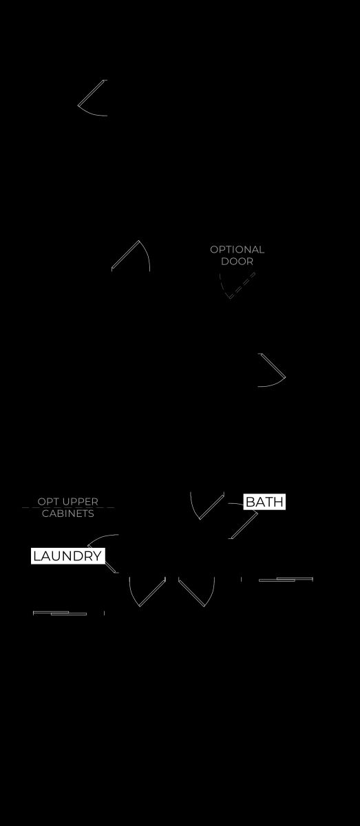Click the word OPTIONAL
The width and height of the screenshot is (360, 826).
(237, 250)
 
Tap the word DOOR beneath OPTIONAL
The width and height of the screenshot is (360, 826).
(237, 262)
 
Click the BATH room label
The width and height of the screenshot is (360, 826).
(264, 502)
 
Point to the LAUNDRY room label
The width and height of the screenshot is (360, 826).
(68, 555)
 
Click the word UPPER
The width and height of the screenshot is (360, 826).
(79, 502)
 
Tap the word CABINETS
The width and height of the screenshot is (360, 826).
(68, 513)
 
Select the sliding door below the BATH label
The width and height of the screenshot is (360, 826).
(286, 580)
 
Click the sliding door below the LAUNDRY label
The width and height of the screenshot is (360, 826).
(60, 613)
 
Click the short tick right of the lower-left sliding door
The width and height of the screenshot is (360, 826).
(105, 613)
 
